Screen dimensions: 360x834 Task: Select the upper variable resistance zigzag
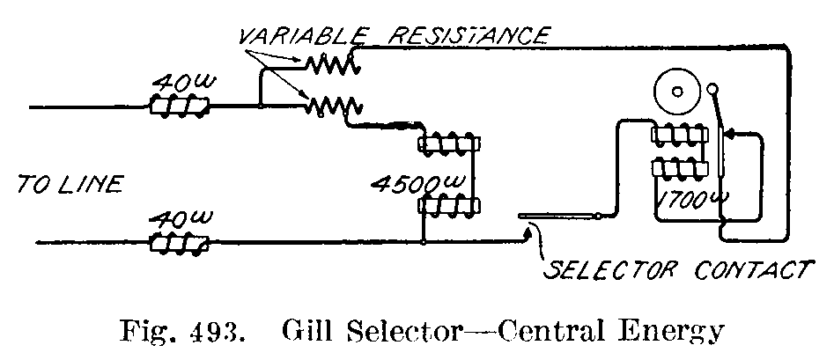[329, 63]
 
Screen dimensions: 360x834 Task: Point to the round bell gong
[677, 92]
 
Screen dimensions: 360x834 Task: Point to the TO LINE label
[70, 184]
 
